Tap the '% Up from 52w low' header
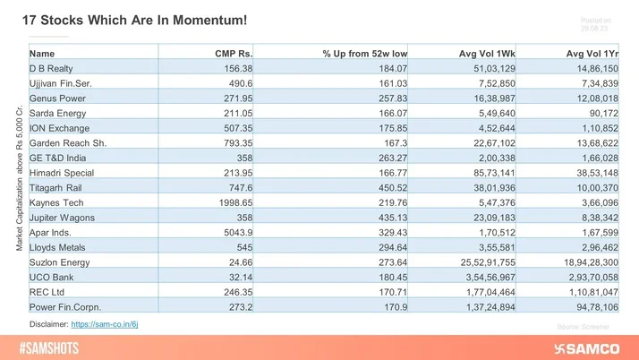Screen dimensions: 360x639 (x=365, y=54)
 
